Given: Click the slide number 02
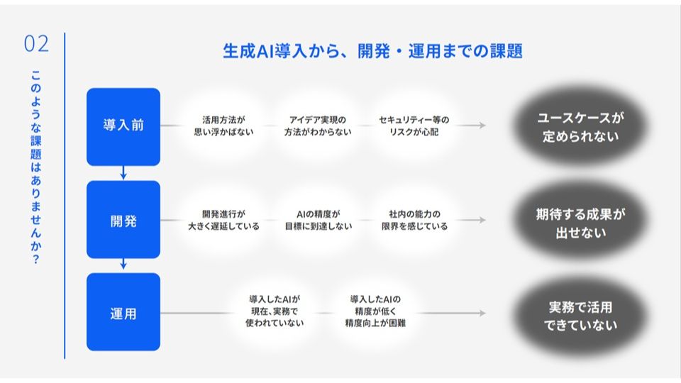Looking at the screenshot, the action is (x=36, y=44).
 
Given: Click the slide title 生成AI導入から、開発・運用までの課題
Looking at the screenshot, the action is (x=372, y=51).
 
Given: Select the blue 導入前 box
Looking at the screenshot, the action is (x=123, y=127).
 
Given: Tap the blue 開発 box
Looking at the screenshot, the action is (x=123, y=220).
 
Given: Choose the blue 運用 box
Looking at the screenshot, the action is (x=123, y=312).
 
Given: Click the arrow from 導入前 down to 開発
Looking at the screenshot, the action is (x=123, y=173).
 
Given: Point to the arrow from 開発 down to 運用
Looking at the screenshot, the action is (x=123, y=264).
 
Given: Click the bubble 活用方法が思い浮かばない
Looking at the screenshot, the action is (x=223, y=126).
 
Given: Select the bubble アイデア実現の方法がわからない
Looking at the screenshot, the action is (x=318, y=126).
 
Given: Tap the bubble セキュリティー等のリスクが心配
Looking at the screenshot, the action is (x=414, y=126).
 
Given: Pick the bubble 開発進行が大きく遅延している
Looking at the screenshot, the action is (x=223, y=220).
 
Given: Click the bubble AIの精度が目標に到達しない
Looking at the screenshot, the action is (x=318, y=220).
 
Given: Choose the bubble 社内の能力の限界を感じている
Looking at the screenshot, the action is (x=414, y=220).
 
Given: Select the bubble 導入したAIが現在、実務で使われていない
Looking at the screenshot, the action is (x=275, y=311).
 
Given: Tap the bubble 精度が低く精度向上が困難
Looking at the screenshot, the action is (x=375, y=311).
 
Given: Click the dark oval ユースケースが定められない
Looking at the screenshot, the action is (x=581, y=126).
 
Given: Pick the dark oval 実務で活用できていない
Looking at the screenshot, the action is (x=581, y=316).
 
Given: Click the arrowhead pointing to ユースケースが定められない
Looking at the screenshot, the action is (x=482, y=125).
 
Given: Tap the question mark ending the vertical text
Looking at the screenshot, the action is (x=35, y=260).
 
